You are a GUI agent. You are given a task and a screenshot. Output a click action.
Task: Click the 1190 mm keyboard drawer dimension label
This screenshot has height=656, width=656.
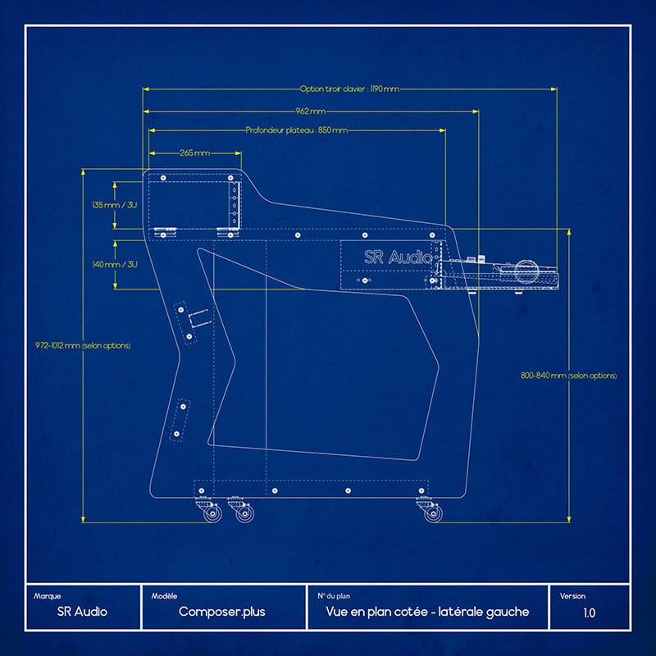click(x=349, y=89)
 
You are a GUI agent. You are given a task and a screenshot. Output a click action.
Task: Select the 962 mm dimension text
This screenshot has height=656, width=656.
click(x=310, y=111)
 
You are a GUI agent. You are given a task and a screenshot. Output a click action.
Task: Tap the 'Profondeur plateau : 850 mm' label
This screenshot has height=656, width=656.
click(x=296, y=130)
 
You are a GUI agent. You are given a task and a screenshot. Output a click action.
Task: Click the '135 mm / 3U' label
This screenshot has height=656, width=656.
click(x=115, y=204)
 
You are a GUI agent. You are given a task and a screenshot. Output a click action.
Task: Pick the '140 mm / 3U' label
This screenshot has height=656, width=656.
click(x=115, y=264)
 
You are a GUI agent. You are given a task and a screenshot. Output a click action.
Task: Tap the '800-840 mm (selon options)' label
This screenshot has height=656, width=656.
click(x=568, y=375)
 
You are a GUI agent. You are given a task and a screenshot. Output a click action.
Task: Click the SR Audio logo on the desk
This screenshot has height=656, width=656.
click(x=397, y=257)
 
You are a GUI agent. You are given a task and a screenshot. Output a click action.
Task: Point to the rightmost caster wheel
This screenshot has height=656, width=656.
click(x=433, y=514)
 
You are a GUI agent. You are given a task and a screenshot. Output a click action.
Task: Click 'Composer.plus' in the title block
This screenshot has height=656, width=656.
click(x=221, y=612)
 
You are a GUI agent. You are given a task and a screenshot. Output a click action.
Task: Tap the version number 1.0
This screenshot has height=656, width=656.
click(x=590, y=612)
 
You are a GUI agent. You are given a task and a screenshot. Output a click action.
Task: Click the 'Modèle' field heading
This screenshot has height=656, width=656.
click(x=165, y=596)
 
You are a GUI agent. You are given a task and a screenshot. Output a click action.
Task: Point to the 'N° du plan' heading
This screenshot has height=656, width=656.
click(x=335, y=596)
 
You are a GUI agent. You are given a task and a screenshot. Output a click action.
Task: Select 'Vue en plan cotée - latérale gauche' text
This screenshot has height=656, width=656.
click(x=427, y=612)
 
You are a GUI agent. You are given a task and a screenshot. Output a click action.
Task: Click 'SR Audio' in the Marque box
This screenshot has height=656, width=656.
click(x=82, y=612)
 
